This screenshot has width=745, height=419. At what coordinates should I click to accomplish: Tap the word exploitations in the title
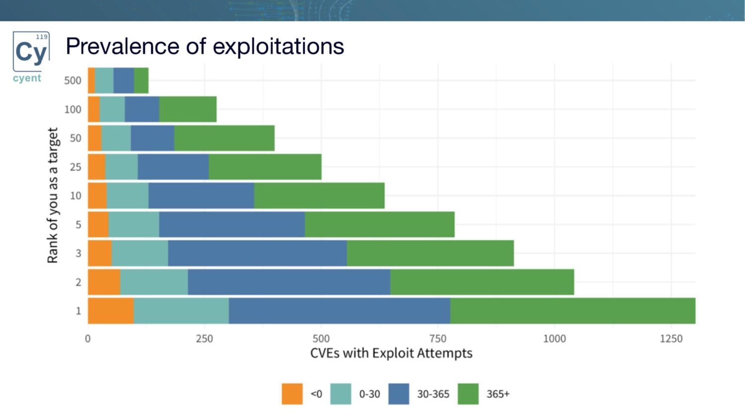(278, 47)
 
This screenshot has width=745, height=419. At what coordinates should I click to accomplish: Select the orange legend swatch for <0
(292, 394)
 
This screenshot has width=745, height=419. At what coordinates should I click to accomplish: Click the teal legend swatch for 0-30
(341, 394)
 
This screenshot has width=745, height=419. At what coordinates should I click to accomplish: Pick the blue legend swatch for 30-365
(399, 394)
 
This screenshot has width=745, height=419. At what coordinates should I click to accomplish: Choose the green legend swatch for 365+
(468, 394)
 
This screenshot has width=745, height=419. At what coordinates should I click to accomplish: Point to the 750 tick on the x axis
(438, 339)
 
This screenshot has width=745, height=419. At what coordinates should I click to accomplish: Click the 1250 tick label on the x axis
(671, 339)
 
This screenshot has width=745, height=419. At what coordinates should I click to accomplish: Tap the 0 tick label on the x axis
(88, 339)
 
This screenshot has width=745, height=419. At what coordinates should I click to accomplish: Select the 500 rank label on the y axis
(73, 80)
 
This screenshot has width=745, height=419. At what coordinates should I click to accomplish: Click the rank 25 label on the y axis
(75, 167)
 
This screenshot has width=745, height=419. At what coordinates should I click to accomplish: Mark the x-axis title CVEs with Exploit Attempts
(391, 353)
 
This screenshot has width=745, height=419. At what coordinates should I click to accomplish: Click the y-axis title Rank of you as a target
(53, 195)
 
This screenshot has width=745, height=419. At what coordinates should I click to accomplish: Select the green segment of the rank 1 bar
(572, 311)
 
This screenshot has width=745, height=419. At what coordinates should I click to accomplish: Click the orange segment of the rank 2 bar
(104, 282)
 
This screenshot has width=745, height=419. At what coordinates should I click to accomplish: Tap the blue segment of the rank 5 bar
(231, 224)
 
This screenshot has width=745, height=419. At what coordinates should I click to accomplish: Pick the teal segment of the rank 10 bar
(127, 196)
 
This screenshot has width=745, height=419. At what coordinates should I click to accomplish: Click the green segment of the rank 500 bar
(141, 80)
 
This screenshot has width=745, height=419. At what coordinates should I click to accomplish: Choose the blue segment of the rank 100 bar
(142, 109)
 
